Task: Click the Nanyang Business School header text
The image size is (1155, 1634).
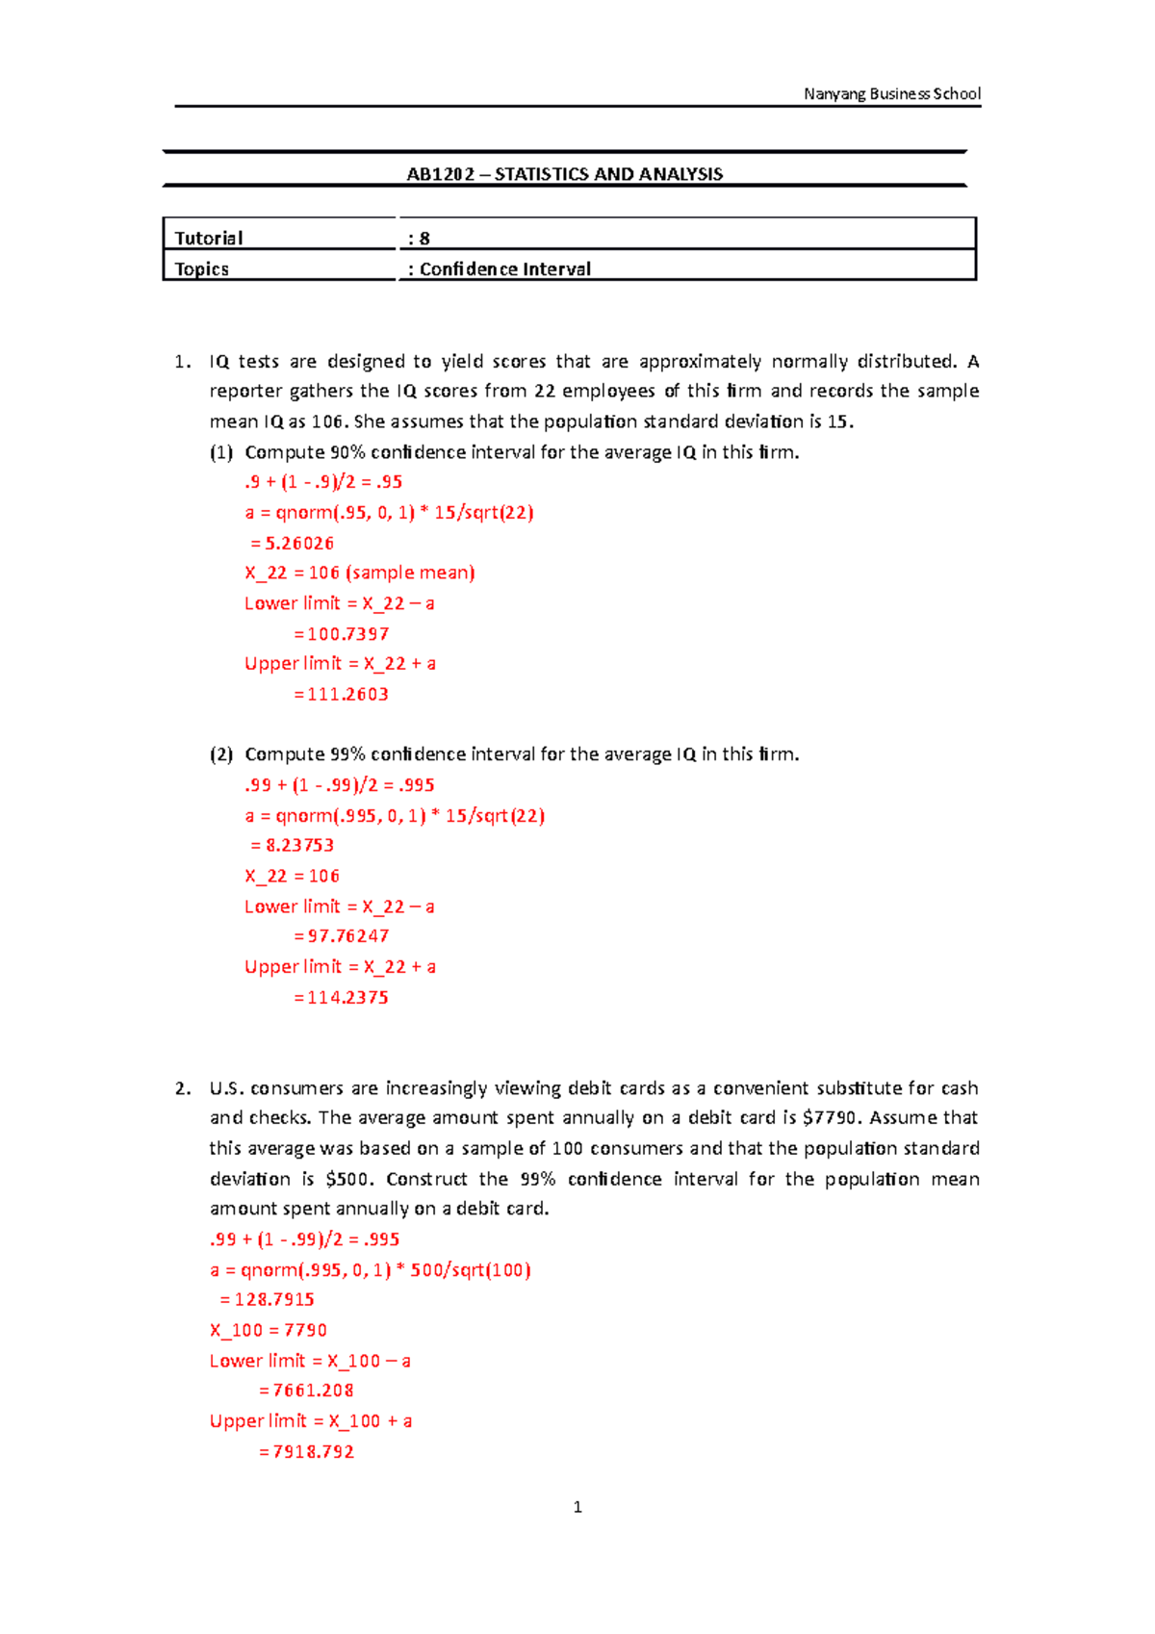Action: pyautogui.click(x=892, y=93)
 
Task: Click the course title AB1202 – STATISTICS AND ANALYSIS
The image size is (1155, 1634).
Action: pyautogui.click(x=565, y=174)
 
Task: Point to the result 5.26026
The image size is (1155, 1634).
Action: pyautogui.click(x=299, y=543)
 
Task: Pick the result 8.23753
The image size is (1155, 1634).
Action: pyautogui.click(x=299, y=845)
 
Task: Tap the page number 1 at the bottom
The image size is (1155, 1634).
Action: pyautogui.click(x=577, y=1507)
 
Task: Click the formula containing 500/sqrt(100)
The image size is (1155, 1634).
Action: pyautogui.click(x=371, y=1269)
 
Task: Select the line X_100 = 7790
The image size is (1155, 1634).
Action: pyautogui.click(x=269, y=1330)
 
